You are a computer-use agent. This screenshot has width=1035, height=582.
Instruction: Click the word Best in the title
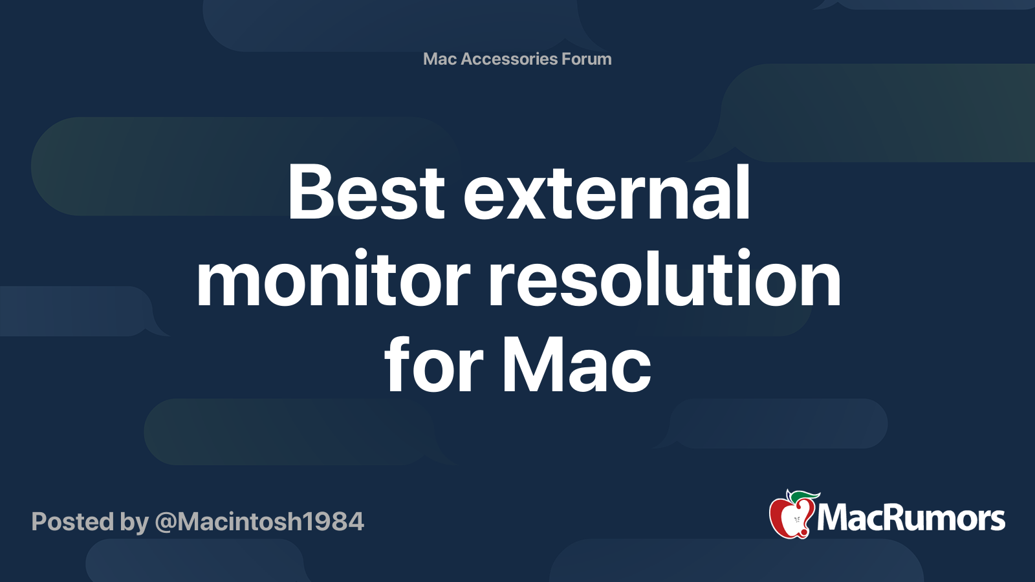366,192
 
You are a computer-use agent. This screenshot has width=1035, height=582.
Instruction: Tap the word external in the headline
607,192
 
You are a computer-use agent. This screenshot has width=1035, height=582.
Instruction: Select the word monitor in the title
333,279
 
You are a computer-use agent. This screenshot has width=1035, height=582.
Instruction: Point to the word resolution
664,279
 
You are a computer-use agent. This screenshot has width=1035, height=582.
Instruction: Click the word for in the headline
433,367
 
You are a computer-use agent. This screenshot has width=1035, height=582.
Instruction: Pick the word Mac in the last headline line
576,367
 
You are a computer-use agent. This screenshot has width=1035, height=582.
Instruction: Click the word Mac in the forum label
440,59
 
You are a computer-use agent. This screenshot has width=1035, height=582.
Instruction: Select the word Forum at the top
587,59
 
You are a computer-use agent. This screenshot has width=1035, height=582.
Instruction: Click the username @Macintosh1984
259,522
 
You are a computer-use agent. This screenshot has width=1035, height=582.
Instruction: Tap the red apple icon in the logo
790,517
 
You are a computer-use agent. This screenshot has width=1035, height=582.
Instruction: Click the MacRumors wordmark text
911,519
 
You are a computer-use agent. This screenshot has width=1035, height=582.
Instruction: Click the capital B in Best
312,192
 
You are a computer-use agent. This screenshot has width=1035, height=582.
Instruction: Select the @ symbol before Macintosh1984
166,523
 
